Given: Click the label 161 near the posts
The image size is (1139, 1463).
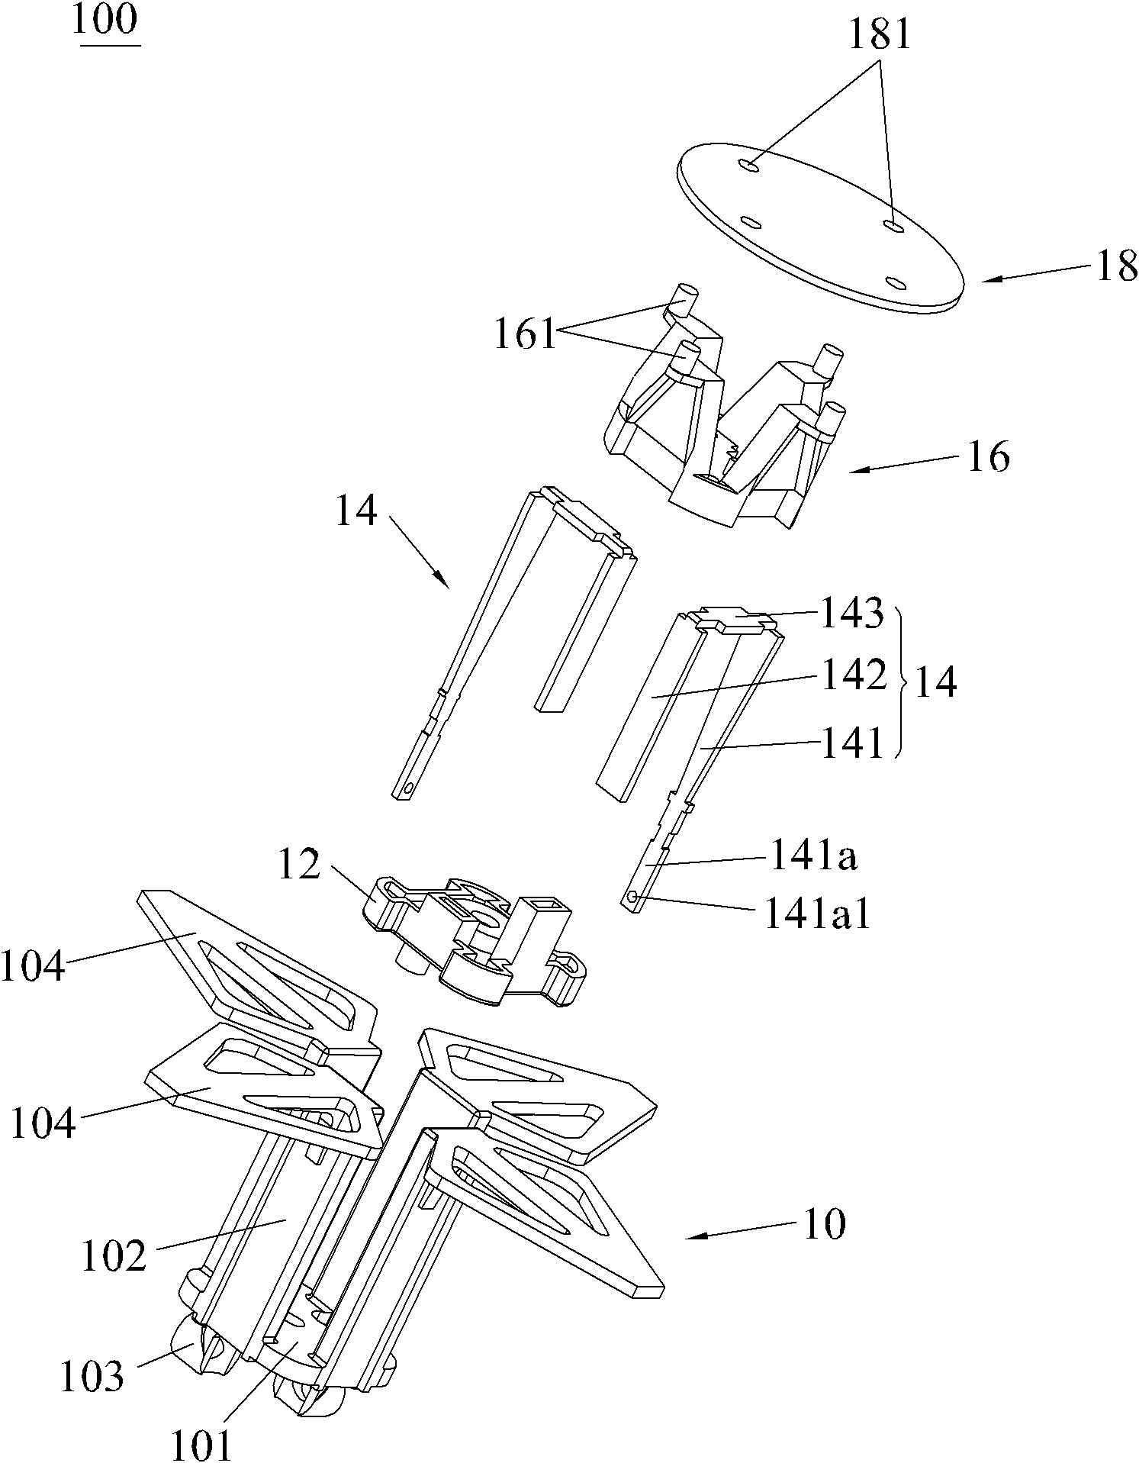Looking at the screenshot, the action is [x=526, y=334].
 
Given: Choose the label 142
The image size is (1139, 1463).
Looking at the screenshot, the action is [x=853, y=675].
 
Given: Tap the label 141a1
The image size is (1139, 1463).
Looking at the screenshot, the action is [x=817, y=914].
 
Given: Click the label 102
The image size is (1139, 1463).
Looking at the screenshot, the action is [x=114, y=1256].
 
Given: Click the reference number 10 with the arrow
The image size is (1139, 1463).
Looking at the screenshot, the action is [x=825, y=1225].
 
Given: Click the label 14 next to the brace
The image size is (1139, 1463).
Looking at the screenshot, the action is [x=935, y=682].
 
